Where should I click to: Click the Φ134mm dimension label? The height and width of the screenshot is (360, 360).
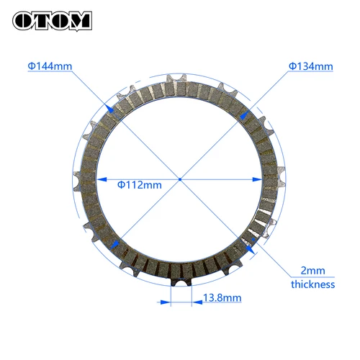(x=311, y=66)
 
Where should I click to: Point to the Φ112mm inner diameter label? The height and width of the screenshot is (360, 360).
(x=139, y=184)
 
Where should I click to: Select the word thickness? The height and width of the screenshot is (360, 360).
(x=313, y=284)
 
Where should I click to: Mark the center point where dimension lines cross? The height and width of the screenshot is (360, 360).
(x=179, y=179)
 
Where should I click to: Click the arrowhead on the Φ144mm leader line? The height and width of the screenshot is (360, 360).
(x=109, y=109)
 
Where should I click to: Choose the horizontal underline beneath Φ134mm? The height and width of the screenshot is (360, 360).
(x=311, y=74)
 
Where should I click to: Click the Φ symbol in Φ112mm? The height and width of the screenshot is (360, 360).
(x=121, y=184)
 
